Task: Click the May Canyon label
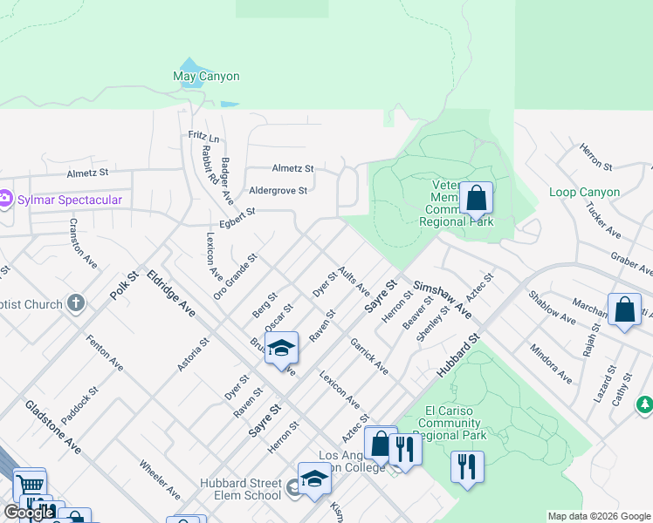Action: point(206,77)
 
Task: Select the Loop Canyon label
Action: point(585,192)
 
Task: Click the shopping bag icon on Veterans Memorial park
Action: point(476,200)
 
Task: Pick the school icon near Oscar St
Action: point(281,350)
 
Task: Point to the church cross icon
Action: point(76,303)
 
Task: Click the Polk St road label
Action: point(125,286)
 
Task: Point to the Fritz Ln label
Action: point(203,138)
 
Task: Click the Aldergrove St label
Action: point(278,190)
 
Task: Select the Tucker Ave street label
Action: point(602,222)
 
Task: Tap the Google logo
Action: point(28,513)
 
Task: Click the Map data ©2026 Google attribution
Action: point(599,516)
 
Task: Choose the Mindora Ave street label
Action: point(550,363)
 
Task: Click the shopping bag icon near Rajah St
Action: point(624,311)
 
